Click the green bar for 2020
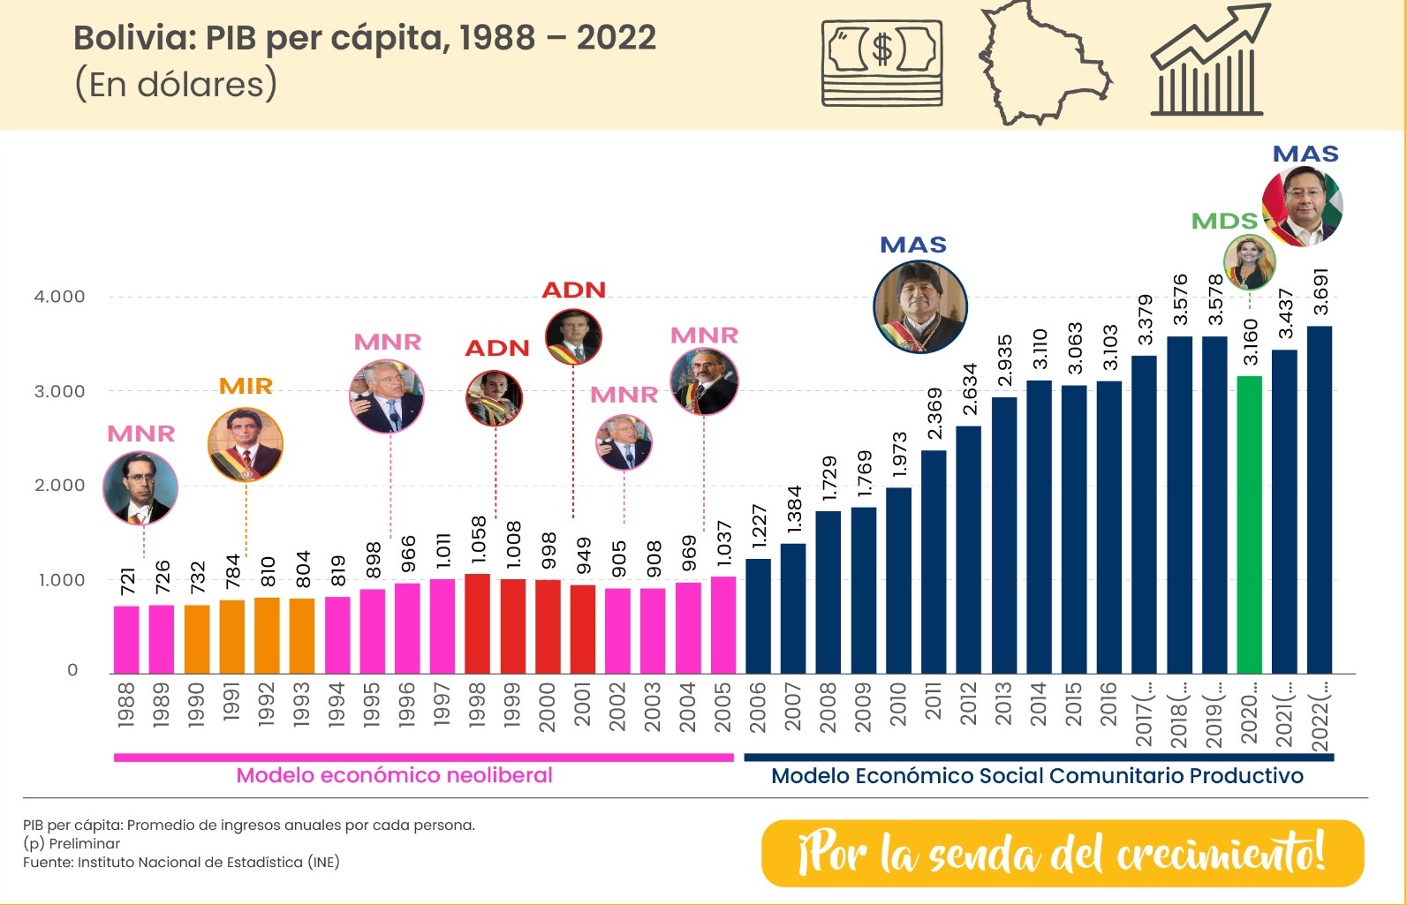(x=1249, y=524)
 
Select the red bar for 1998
(x=477, y=623)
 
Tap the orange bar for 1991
(x=231, y=637)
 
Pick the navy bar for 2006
(x=758, y=616)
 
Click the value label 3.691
(x=1320, y=291)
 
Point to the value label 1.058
(x=479, y=539)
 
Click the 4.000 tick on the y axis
(x=59, y=297)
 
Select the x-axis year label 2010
(x=898, y=704)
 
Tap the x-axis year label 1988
(x=125, y=705)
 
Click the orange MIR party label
(x=246, y=386)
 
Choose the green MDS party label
(x=1223, y=221)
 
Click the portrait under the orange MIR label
(x=246, y=445)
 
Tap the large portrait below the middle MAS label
(x=919, y=306)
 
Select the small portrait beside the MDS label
(x=1248, y=262)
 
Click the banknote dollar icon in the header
(x=881, y=62)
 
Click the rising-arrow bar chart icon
(x=1207, y=62)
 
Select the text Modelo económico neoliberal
(x=394, y=775)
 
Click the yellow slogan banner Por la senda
(x=1062, y=853)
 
